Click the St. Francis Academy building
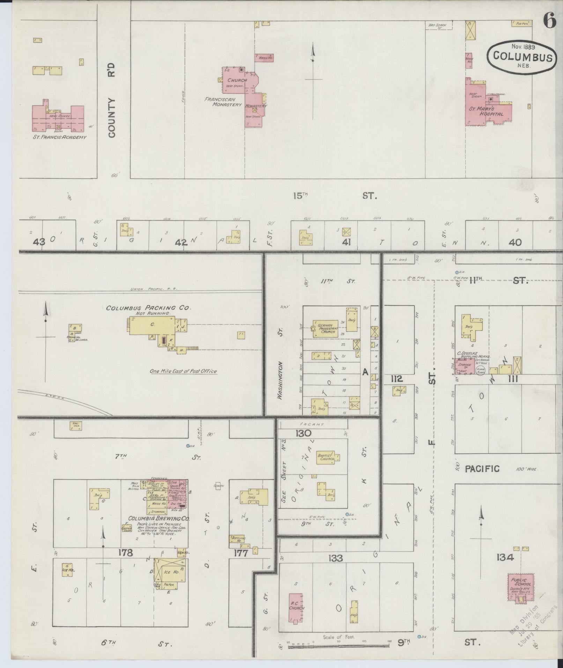pos(58,119)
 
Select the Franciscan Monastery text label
pos(223,102)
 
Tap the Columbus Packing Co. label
pos(149,308)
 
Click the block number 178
pos(126,553)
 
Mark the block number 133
pos(335,558)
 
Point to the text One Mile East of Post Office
pos(183,371)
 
